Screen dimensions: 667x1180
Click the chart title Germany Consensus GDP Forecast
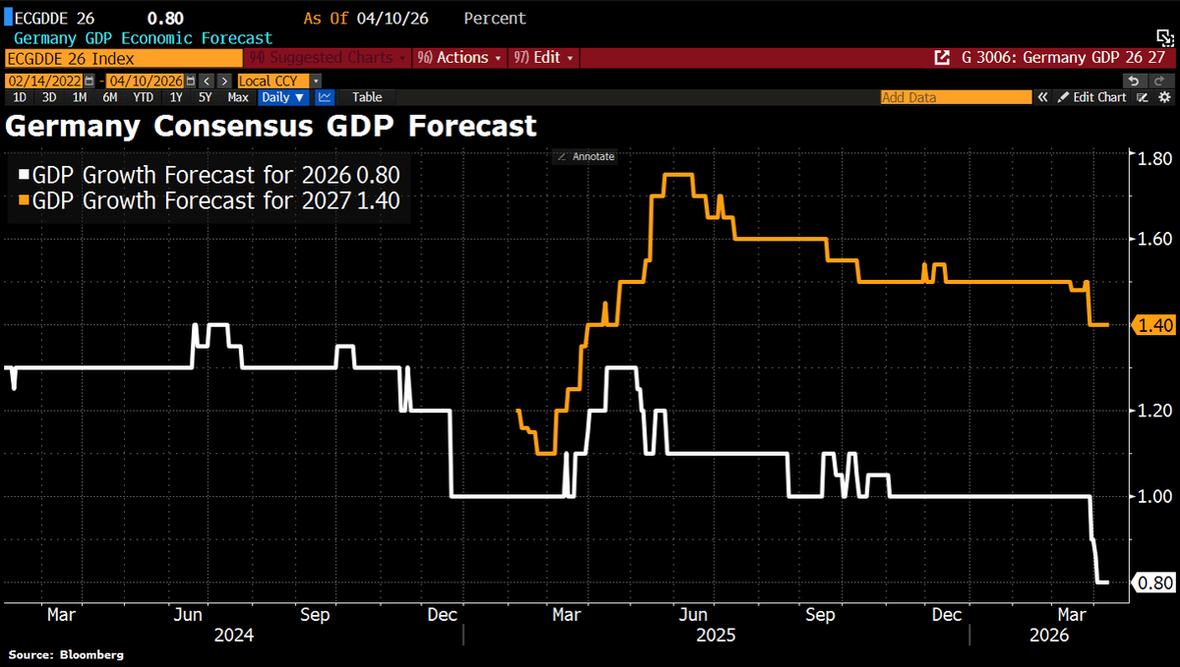(271, 126)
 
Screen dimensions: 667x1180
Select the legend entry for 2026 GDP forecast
(209, 176)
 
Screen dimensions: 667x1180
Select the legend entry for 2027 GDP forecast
(209, 200)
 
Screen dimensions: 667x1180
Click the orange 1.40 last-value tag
(1152, 325)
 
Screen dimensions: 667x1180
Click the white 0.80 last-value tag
(1152, 583)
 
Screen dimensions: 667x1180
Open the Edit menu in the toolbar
(546, 58)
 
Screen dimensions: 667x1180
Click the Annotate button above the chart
(585, 156)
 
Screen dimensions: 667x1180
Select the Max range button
(238, 97)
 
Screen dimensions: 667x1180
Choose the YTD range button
(144, 97)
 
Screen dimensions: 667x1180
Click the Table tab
(367, 97)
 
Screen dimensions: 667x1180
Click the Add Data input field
(955, 97)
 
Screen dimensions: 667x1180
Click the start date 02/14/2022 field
(46, 81)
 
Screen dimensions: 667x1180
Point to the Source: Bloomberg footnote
(66, 654)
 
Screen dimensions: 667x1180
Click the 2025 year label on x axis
(715, 636)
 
